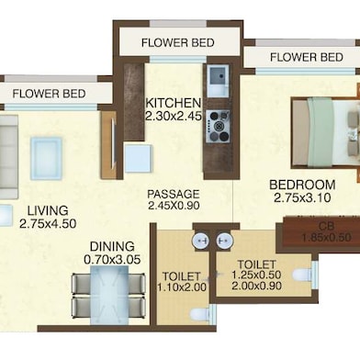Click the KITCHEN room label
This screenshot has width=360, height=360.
pos(174,103)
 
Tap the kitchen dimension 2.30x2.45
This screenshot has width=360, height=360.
pos(174,116)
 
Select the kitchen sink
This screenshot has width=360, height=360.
pos(219,80)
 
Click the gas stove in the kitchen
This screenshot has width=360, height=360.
pos(219,127)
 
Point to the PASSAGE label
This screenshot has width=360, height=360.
pos(174,194)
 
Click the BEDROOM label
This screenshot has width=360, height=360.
pos(302,185)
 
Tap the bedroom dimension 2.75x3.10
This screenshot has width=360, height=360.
pos(302,198)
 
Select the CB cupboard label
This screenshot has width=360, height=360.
pos(326,226)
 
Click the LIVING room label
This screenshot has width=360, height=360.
pos(48,210)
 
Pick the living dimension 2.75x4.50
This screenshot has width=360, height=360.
pos(48,224)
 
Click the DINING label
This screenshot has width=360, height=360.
pos(112,246)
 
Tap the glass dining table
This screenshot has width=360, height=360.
pos(109,295)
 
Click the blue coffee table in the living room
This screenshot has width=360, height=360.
pos(46,158)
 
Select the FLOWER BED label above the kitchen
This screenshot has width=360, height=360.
pos(177,42)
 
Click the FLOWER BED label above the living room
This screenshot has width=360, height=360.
pos(49,94)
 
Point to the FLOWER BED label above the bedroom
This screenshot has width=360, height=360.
pos(306,57)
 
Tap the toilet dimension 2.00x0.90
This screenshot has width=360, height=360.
pos(256,286)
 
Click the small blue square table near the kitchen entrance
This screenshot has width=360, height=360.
pos(138,158)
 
